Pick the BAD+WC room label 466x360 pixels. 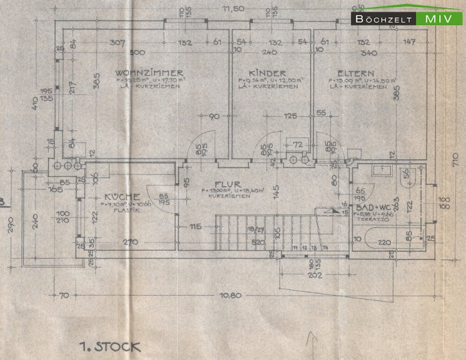point(375,207)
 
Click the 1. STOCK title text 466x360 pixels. point(110,346)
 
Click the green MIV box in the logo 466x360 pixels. point(441,19)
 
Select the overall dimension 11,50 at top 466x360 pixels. point(235,9)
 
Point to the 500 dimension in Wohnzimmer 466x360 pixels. point(138,52)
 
